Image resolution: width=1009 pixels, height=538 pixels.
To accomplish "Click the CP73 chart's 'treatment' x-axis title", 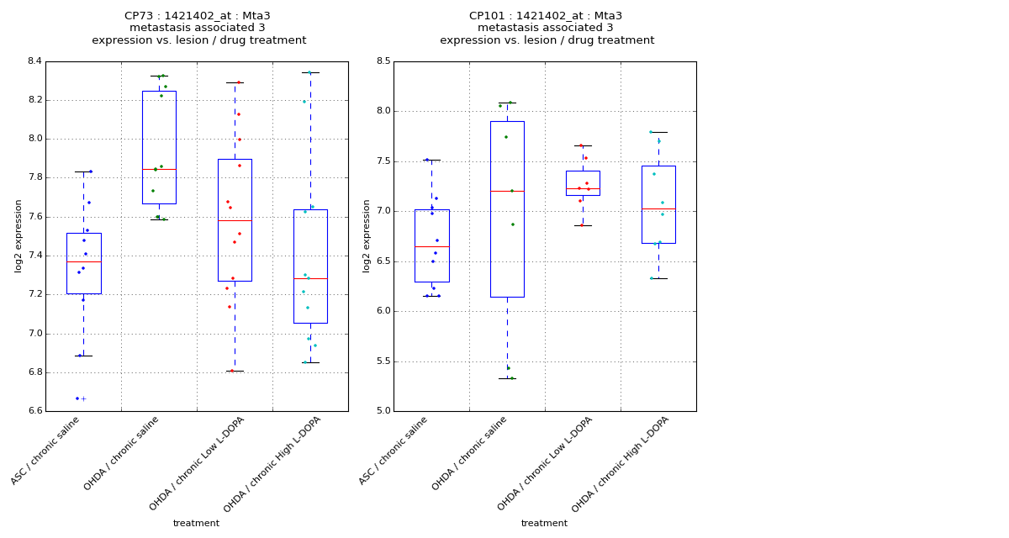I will [x=196, y=523].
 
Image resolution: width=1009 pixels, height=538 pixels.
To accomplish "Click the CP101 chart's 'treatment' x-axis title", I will [x=544, y=523].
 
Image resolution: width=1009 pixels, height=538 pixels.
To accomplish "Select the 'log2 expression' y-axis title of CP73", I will [x=18, y=235].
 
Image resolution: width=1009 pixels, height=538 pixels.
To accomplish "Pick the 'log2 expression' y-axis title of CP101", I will [x=367, y=235].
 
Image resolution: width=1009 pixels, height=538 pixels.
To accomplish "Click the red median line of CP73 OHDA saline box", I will [x=159, y=169].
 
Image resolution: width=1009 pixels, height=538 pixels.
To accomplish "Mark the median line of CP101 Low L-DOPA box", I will [x=583, y=188].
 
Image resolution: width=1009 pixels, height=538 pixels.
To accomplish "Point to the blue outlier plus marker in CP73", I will [x=83, y=398].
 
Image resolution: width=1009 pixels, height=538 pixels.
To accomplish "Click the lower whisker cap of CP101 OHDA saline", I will [x=507, y=378].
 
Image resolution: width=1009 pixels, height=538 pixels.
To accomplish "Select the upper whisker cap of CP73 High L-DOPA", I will [x=310, y=72].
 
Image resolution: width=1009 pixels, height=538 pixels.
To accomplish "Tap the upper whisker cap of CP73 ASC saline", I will [x=83, y=171].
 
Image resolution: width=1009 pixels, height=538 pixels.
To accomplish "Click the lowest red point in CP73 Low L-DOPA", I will [x=232, y=371].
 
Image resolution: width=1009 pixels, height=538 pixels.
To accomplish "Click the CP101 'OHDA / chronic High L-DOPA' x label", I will [x=622, y=464].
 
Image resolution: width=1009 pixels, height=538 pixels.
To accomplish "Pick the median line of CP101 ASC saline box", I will [x=431, y=246].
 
